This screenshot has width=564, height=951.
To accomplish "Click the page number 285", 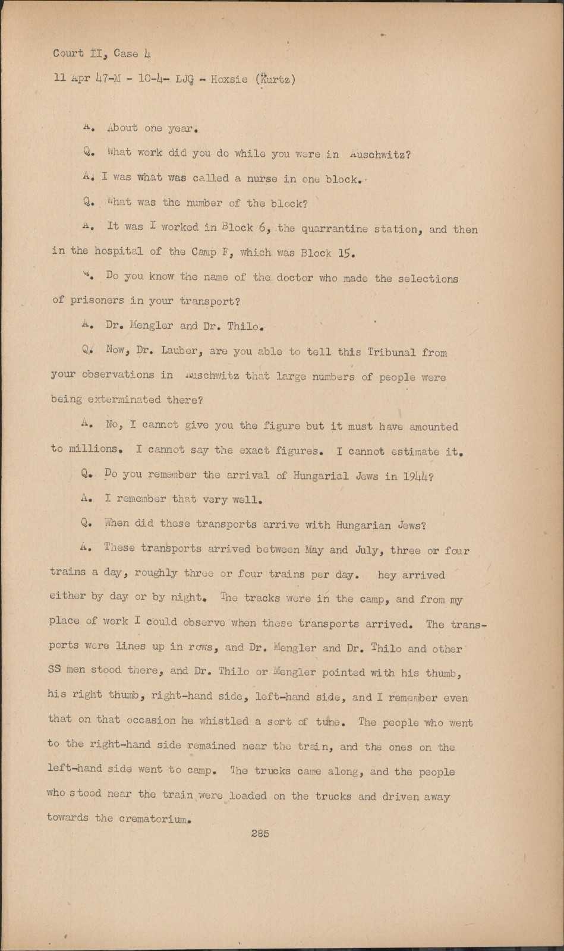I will click(260, 833).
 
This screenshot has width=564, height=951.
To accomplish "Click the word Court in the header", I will click(68, 53).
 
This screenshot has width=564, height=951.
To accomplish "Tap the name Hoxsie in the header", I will click(229, 79).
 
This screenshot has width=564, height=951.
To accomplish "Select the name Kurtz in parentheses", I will click(275, 79).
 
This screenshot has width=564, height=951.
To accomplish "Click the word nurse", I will click(262, 179).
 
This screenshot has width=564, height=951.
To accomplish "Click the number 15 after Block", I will click(345, 253).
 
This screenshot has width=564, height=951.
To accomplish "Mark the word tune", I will click(327, 722).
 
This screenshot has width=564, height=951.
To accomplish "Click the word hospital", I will click(119, 251).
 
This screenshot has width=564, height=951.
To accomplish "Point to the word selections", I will click(428, 278).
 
